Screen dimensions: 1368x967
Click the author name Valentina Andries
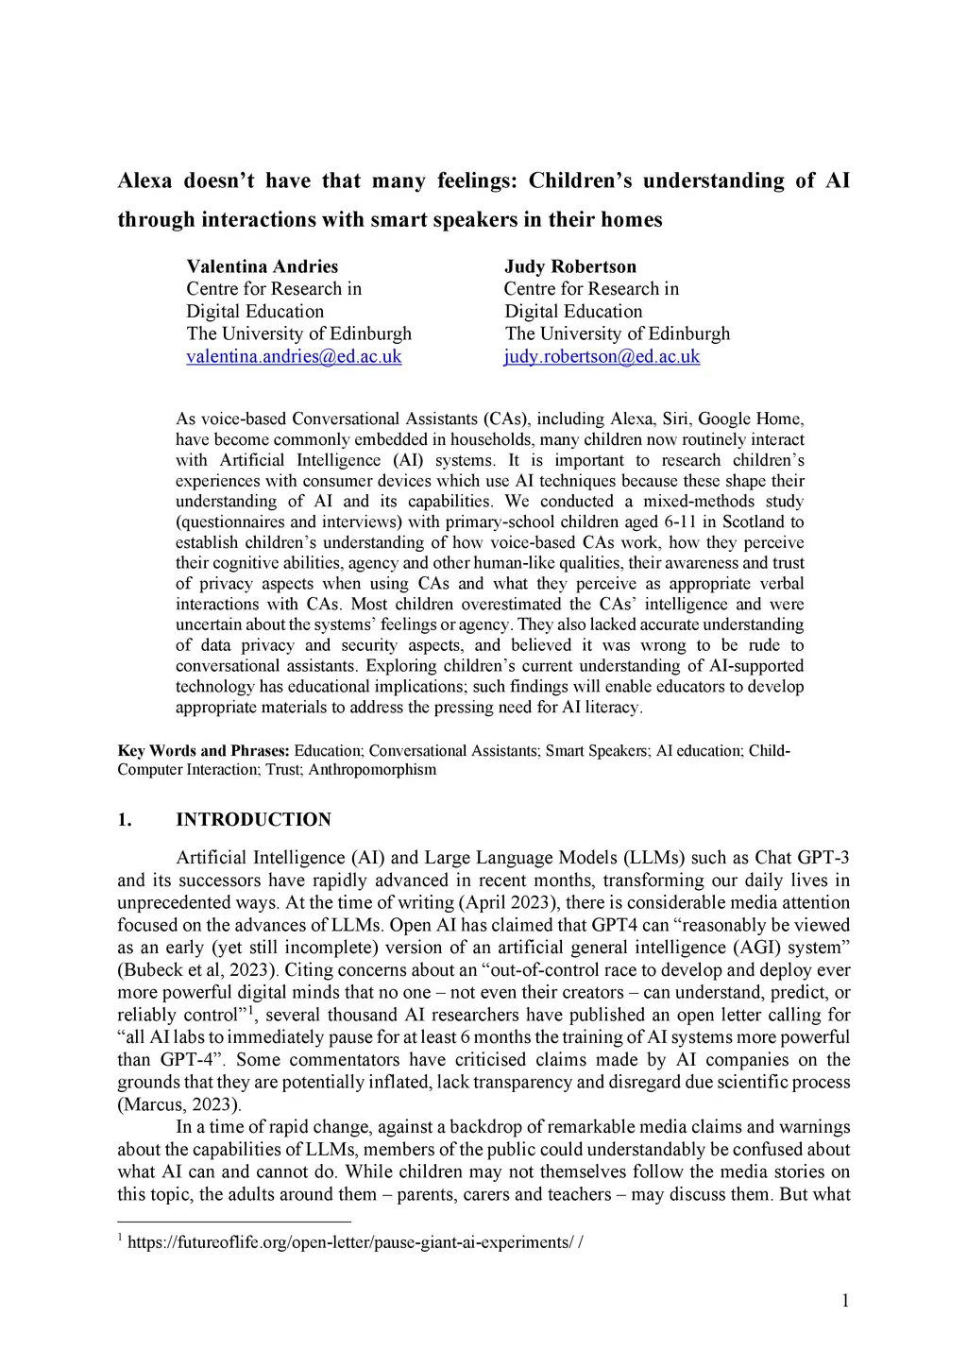(262, 266)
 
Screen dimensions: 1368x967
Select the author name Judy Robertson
(569, 266)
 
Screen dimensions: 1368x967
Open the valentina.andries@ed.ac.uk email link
(294, 356)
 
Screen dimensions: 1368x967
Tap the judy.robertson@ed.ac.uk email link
(602, 356)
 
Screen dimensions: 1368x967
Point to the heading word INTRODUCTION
(253, 819)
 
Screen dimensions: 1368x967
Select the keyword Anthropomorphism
(372, 770)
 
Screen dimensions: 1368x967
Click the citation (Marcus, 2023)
(179, 1104)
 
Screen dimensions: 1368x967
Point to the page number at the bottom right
(845, 1301)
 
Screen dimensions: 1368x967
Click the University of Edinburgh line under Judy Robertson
(618, 333)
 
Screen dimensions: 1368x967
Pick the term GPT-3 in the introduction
(823, 858)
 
